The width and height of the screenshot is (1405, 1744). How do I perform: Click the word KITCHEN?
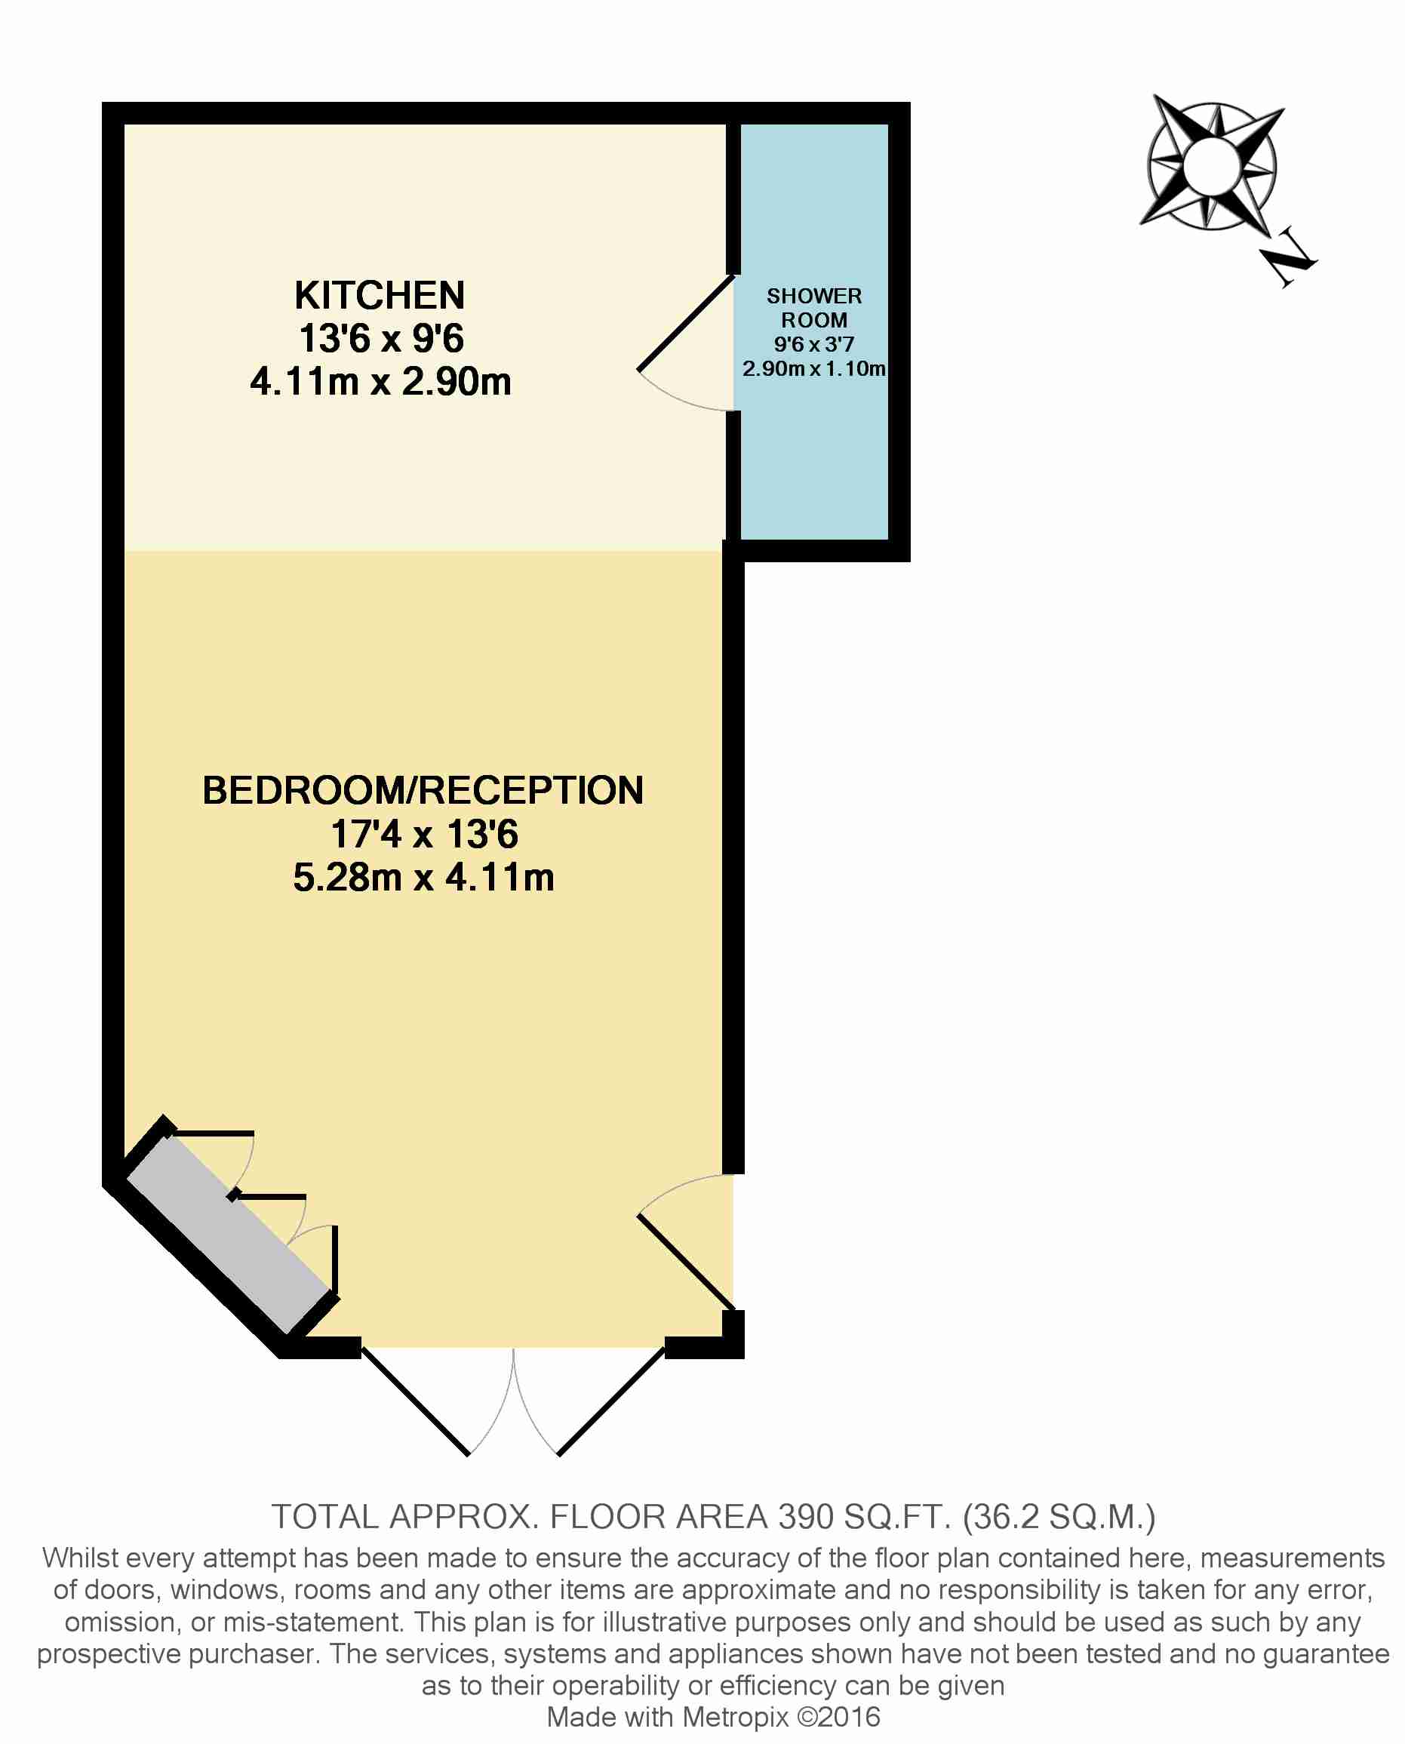pyautogui.click(x=380, y=295)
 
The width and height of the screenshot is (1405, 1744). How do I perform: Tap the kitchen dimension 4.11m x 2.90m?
pyautogui.click(x=380, y=382)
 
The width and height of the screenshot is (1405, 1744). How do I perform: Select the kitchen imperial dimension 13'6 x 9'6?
pyautogui.click(x=381, y=338)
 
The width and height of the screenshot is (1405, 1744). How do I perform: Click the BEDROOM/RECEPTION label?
pyautogui.click(x=423, y=791)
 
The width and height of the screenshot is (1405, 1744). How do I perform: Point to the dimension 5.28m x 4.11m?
pyautogui.click(x=423, y=877)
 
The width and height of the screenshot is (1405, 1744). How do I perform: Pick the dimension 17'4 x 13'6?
pyautogui.click(x=424, y=835)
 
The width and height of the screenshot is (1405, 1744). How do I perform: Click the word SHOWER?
pyautogui.click(x=814, y=296)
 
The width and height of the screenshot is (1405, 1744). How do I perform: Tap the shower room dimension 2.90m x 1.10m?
pyautogui.click(x=814, y=369)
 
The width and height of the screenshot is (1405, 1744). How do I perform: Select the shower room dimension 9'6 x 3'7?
pyautogui.click(x=814, y=345)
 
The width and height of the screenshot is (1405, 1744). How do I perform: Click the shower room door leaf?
pyautogui.click(x=687, y=323)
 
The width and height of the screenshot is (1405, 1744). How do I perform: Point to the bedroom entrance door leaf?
pyautogui.click(x=687, y=1263)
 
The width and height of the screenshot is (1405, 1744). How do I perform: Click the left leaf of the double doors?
pyautogui.click(x=415, y=1401)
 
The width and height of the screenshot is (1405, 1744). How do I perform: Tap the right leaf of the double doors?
pyautogui.click(x=612, y=1401)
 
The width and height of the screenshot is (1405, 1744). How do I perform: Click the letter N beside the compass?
pyautogui.click(x=1287, y=257)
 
